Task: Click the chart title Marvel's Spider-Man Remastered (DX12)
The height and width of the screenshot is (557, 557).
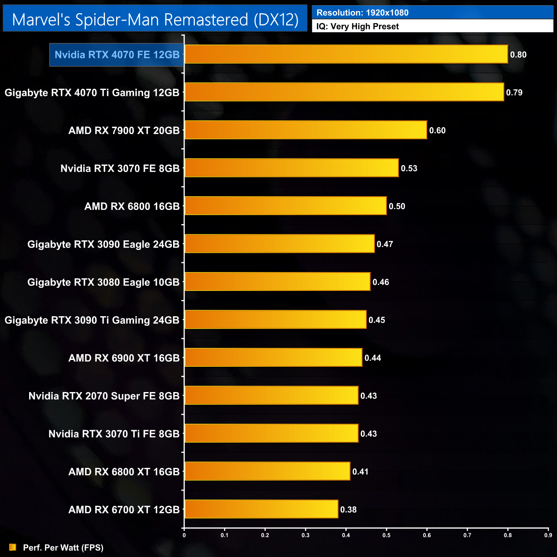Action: pos(155,20)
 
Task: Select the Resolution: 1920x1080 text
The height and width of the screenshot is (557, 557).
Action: pos(362,12)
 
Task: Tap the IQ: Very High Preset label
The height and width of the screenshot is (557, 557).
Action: pos(357,27)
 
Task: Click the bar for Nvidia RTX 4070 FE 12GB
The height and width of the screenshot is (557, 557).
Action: pos(346,54)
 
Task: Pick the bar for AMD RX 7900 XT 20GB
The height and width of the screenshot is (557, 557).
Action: pos(305,130)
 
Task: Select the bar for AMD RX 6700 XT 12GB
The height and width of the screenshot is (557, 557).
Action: pos(261,509)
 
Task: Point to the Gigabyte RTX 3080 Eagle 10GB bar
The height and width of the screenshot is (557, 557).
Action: pos(277,282)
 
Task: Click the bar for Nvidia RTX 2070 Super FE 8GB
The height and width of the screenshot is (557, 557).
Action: pos(271,395)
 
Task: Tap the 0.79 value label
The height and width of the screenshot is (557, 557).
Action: pos(514,93)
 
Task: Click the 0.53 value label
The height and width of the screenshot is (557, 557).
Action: pos(409,168)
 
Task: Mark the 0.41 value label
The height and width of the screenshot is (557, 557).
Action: pos(360,472)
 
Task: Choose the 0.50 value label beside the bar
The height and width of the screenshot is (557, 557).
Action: pos(397,207)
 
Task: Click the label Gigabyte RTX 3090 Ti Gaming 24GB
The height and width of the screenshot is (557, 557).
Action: pos(92,320)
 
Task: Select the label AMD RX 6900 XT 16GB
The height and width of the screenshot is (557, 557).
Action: pos(124,358)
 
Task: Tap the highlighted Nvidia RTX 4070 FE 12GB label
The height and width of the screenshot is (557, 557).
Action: pos(117,55)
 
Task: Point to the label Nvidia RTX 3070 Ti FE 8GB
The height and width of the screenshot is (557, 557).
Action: pos(114,434)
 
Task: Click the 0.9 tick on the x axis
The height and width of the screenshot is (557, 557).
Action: pos(548,535)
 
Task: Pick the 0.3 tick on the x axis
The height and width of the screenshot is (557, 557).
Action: pos(305,535)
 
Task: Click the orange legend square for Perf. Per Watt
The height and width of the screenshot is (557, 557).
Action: pos(13,547)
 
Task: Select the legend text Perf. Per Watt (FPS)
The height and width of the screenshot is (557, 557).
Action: pos(63,548)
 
